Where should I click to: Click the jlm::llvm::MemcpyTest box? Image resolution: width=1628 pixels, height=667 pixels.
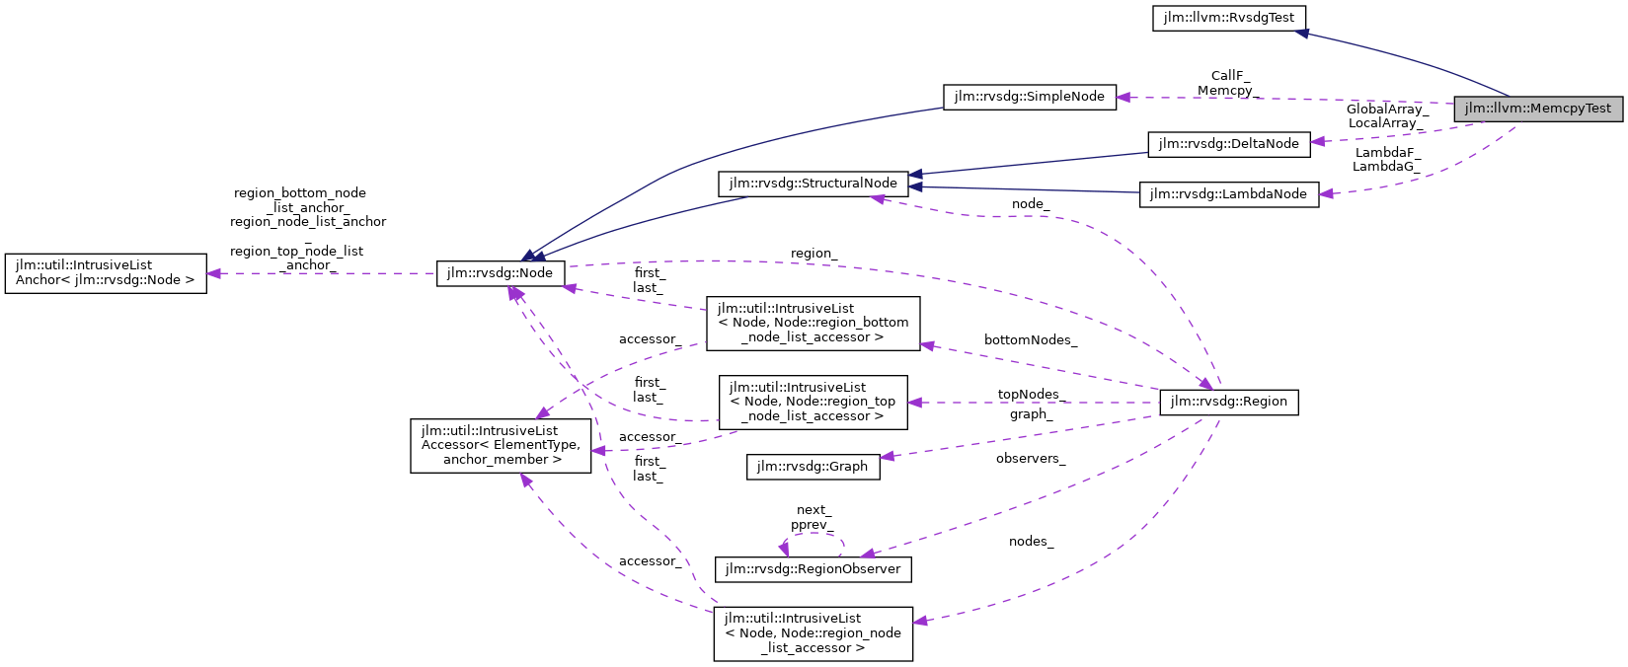(1537, 109)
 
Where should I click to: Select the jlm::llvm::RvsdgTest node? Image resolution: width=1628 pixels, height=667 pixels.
(1228, 18)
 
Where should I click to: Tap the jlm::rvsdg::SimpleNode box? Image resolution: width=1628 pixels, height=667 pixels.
(1029, 97)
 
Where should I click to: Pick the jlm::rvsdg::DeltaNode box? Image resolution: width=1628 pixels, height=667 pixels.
(1228, 144)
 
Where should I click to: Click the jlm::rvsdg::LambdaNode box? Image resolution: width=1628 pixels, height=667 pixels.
(1228, 194)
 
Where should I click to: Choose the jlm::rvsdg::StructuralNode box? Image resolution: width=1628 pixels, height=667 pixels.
(813, 184)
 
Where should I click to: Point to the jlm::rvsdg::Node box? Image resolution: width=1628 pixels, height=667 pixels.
(501, 273)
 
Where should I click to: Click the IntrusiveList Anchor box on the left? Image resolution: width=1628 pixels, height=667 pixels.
(106, 273)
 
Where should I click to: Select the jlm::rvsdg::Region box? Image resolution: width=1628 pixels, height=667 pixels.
(1228, 402)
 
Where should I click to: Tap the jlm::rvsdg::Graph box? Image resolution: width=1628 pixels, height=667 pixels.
(812, 467)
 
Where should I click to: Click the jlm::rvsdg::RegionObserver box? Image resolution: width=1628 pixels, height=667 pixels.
(813, 569)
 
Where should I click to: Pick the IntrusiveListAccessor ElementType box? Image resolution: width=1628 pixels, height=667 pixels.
(501, 445)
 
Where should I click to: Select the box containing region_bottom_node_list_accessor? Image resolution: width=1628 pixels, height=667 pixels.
(813, 323)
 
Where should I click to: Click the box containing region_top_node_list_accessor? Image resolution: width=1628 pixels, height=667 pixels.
(813, 402)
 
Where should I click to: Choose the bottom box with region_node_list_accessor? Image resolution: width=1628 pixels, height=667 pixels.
(813, 633)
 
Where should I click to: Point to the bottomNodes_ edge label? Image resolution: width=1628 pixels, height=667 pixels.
(1030, 340)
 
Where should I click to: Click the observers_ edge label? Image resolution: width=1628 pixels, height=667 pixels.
(1030, 459)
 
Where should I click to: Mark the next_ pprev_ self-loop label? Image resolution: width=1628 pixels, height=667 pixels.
(813, 518)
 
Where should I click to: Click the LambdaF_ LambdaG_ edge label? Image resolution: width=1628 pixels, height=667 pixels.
(1386, 160)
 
